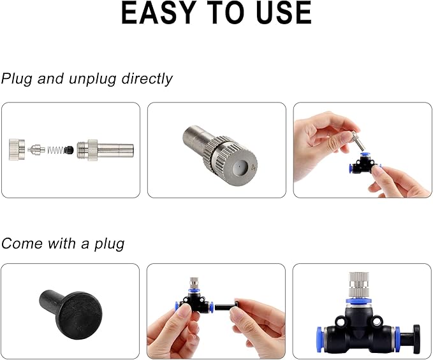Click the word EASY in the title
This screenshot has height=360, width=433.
tap(158, 13)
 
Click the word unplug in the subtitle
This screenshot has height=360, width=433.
tap(92, 79)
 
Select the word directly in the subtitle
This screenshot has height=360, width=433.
tap(147, 78)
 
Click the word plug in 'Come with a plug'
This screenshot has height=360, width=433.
tap(109, 244)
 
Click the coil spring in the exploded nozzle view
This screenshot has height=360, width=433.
tap(55, 150)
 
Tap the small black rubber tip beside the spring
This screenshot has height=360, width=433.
tap(69, 150)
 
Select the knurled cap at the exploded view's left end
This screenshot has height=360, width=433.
tap(17, 150)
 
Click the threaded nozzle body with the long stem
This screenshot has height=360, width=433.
tap(105, 150)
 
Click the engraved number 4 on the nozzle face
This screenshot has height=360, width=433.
tap(254, 167)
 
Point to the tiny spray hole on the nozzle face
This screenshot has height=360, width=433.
tap(239, 167)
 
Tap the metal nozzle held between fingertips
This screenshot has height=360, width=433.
tap(358, 141)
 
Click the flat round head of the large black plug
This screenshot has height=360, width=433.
tap(80, 315)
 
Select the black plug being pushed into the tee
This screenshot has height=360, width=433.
tap(226, 306)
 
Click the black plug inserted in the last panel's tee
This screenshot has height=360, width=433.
tap(410, 339)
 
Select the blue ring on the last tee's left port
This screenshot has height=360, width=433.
tap(320, 340)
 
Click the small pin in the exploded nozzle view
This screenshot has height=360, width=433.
tap(36, 150)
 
